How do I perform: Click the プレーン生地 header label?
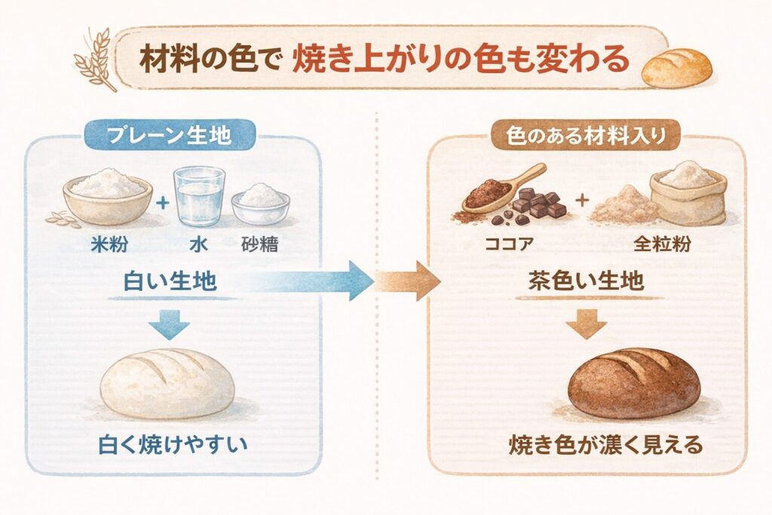click(x=170, y=135)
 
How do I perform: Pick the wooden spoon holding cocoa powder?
click(x=503, y=189)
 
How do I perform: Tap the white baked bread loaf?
click(x=167, y=382)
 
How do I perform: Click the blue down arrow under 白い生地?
click(x=167, y=324)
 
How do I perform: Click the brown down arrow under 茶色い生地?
click(x=586, y=324)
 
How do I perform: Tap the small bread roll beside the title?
click(x=676, y=66)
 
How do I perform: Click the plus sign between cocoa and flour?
click(x=582, y=201)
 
